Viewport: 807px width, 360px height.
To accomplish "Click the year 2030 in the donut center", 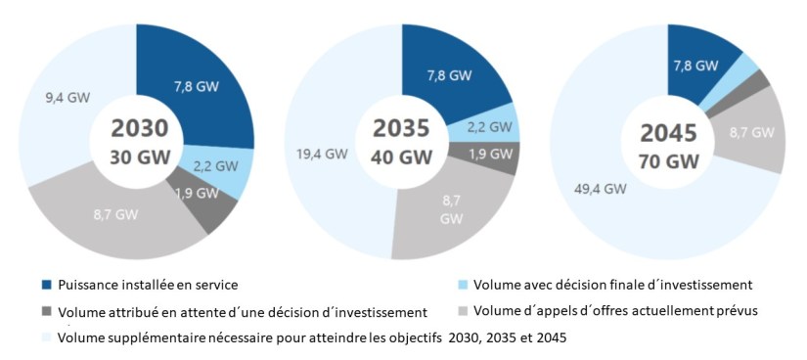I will click(139, 129).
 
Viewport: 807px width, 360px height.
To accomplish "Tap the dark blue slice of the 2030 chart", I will click(196, 88).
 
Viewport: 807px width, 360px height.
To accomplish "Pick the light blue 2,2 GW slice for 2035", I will click(485, 126).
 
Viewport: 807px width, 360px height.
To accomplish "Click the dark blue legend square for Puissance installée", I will click(47, 285).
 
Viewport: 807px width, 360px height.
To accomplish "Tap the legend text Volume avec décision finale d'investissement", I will click(611, 285).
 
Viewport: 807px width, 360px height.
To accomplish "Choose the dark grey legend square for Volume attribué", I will click(47, 312).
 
